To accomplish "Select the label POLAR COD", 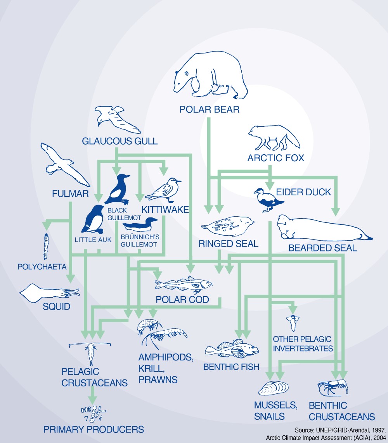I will click(182, 300).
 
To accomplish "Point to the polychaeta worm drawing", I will click(46, 246).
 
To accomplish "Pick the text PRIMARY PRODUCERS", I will click(94, 429).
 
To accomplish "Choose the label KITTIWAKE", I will click(165, 210).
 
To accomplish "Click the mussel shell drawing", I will click(274, 388).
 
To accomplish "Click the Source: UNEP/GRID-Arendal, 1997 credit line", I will click(340, 430).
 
